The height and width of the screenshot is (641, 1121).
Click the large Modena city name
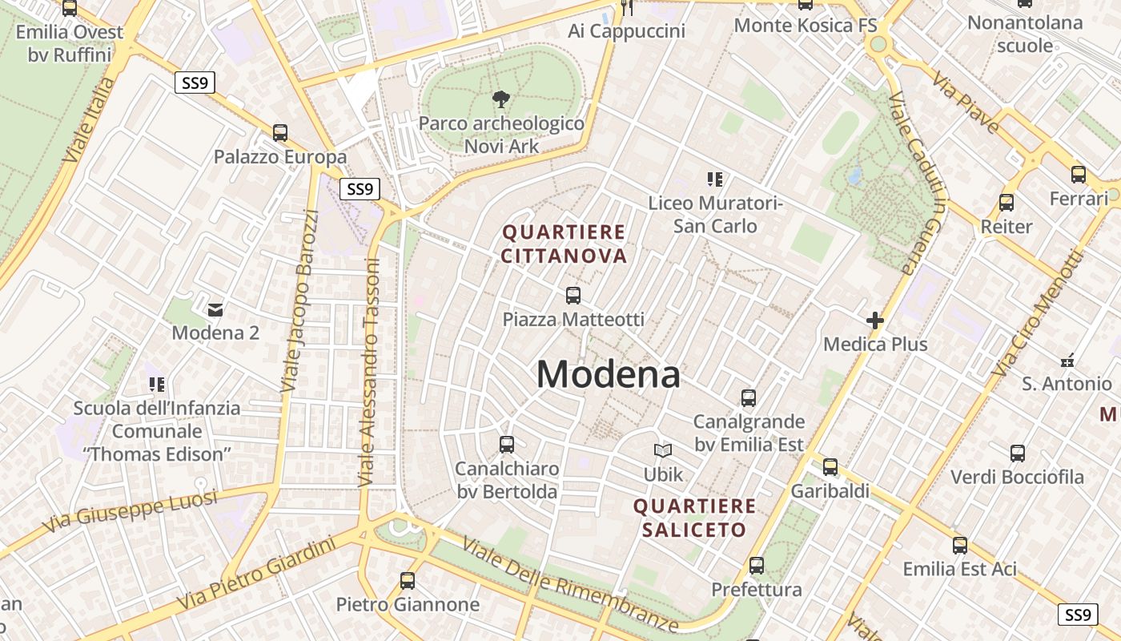coord(609,374)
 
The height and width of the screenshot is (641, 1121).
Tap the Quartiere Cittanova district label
coord(564,244)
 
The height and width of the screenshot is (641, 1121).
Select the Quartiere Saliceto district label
coord(694,518)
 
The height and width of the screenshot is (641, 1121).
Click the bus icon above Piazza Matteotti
coord(573,295)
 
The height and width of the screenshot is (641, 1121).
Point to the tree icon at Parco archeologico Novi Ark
coord(501,99)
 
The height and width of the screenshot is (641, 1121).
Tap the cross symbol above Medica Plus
coord(875,320)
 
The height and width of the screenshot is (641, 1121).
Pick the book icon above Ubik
coord(663,450)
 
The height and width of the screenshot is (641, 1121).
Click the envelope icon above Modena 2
coord(215,308)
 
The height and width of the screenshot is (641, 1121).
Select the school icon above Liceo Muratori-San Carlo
coord(714,179)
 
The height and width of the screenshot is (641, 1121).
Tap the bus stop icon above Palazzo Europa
coord(280,132)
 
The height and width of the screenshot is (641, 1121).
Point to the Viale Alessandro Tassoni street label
coord(369,373)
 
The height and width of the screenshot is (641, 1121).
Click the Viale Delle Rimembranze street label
coord(571,583)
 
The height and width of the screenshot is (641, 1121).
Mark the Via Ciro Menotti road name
coord(1036,313)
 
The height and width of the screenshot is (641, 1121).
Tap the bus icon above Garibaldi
coord(830,466)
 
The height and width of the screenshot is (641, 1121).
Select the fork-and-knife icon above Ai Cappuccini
coord(628,8)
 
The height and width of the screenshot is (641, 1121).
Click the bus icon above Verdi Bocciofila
coord(1018,454)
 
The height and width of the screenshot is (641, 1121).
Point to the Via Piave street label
coord(966,102)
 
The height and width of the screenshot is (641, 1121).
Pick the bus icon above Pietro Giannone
coord(408,580)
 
